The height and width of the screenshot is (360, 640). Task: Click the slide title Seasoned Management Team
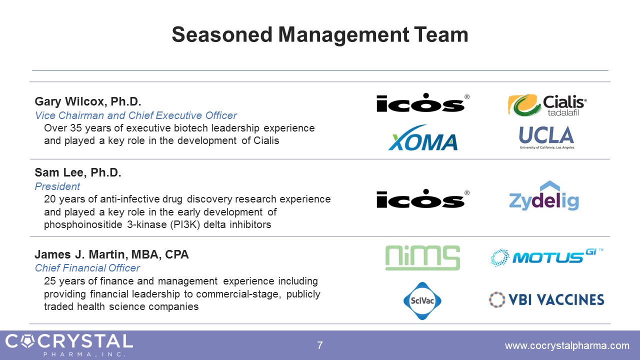coord(320,35)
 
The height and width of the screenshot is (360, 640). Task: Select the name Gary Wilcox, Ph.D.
coord(88,101)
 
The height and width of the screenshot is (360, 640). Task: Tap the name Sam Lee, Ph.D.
coord(78,172)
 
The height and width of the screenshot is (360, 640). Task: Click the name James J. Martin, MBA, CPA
coord(111,254)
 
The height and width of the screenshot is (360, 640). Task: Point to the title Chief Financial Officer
coord(87,268)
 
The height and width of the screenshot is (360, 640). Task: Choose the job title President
coord(57,186)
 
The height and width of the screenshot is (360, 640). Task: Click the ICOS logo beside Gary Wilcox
coord(423,102)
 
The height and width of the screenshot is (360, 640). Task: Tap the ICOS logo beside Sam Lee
coord(423,198)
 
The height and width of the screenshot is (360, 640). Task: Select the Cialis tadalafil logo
coord(547,105)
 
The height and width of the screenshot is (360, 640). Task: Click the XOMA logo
coord(423,137)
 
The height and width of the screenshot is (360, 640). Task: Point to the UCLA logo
coord(546,137)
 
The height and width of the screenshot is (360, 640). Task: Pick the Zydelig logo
coord(544,196)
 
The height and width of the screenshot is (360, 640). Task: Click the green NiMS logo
coord(422,257)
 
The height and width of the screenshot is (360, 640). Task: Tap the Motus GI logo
coord(547,257)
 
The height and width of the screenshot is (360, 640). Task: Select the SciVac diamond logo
coord(422,300)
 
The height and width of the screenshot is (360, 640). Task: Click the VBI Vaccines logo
coord(546,299)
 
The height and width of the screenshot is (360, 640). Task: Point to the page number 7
coord(320,345)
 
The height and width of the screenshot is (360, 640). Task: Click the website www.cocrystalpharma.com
coord(567,345)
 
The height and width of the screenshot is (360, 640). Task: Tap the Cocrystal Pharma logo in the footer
coord(69,345)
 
